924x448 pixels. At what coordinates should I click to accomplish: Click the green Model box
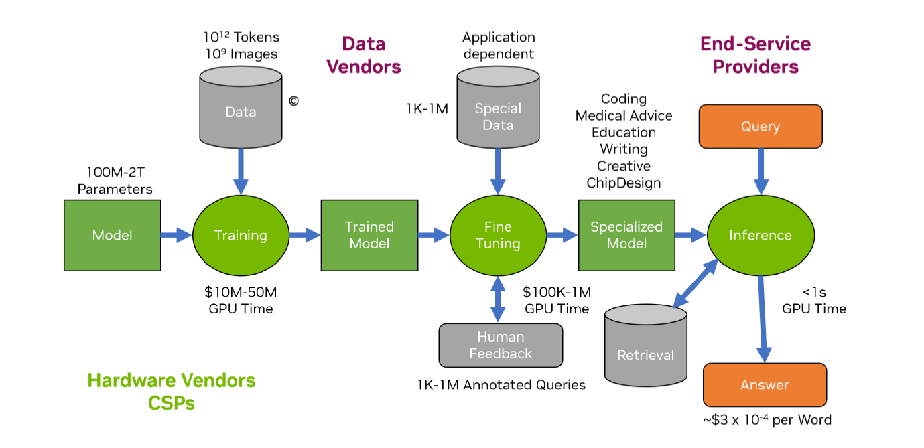tap(112, 235)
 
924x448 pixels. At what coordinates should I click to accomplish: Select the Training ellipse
tap(241, 235)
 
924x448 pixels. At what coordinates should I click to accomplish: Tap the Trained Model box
tap(369, 235)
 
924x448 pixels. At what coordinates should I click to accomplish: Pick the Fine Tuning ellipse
tap(498, 235)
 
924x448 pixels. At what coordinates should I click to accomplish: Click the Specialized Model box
tap(626, 235)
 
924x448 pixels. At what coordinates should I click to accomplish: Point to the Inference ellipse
tap(761, 235)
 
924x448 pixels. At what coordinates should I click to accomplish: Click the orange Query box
tap(761, 126)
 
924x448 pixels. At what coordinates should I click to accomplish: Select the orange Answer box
tap(765, 384)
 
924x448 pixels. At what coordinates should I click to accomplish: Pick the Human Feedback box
tap(501, 345)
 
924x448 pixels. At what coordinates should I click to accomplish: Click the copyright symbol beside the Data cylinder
tap(293, 101)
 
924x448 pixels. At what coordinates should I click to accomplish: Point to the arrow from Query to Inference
tap(761, 170)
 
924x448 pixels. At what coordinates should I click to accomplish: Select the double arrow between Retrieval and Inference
tap(694, 285)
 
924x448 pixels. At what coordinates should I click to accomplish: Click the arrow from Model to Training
tap(176, 235)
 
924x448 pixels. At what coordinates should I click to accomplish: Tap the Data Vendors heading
tap(371, 55)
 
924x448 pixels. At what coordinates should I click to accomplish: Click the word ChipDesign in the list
tap(623, 183)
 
